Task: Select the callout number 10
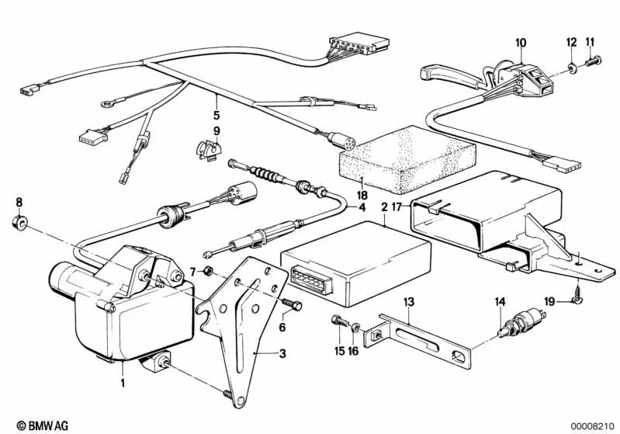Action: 520,42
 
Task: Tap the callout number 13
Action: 409,301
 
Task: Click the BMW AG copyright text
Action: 29,425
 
